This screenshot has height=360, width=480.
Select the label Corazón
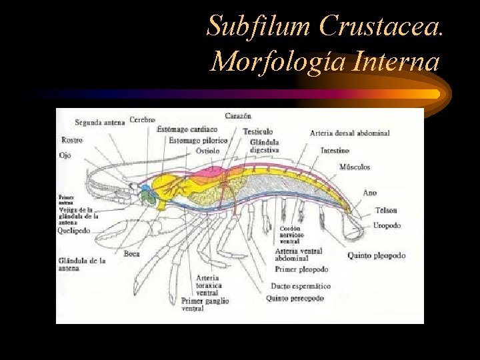tap(238, 116)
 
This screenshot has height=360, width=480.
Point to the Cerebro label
tap(142, 120)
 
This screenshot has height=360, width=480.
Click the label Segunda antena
tap(99, 123)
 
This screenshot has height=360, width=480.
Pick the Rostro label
tap(71, 140)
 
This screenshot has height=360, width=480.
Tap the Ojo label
tap(65, 155)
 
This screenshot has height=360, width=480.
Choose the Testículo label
tap(257, 131)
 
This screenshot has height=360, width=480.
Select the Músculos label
tap(354, 167)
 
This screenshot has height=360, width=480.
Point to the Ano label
tap(369, 193)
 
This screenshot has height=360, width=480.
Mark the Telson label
tap(386, 210)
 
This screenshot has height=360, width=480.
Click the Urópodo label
tap(387, 225)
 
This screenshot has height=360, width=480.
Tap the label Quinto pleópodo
tap(376, 255)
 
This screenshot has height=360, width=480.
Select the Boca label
tap(131, 253)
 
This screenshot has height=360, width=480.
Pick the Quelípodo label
tap(74, 231)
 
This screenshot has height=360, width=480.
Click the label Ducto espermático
tap(300, 286)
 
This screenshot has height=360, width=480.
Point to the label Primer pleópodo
tap(301, 269)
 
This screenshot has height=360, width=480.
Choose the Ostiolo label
tap(207, 151)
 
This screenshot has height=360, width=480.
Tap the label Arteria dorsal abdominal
tap(349, 133)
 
